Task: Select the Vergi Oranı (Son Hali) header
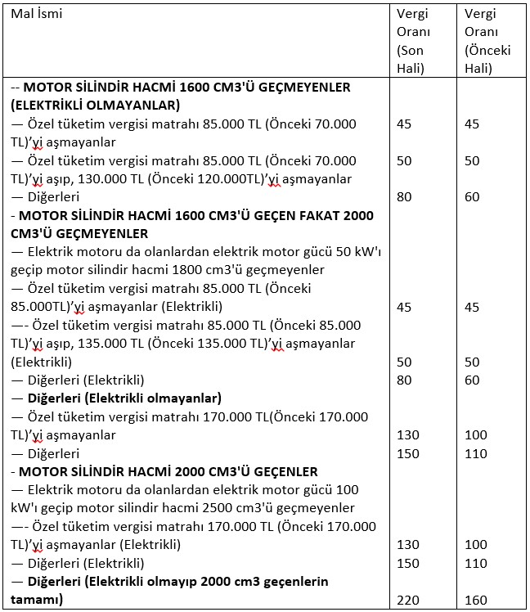pyautogui.click(x=412, y=41)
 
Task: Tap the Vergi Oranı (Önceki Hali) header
pyautogui.click(x=487, y=41)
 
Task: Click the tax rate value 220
pyautogui.click(x=407, y=600)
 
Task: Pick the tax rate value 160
pyautogui.click(x=475, y=600)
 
